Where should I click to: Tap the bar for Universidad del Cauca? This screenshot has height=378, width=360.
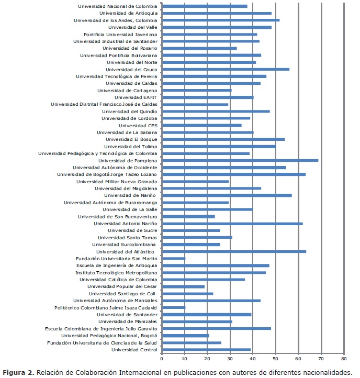(x=226, y=69)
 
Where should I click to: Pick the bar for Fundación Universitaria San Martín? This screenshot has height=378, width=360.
(x=174, y=259)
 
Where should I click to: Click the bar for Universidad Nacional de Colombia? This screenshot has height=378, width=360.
(x=205, y=6)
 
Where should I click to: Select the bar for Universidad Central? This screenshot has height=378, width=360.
(x=206, y=349)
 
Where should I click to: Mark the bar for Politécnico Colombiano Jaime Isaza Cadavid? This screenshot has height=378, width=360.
(x=174, y=307)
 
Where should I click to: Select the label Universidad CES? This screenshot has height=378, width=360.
(x=138, y=125)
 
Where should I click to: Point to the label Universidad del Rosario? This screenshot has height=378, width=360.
(x=129, y=48)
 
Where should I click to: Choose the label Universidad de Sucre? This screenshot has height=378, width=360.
(x=132, y=230)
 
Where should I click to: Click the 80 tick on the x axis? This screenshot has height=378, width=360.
(x=344, y=359)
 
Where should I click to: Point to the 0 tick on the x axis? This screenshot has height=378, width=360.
(x=162, y=359)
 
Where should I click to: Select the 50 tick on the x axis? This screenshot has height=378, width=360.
(x=276, y=359)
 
